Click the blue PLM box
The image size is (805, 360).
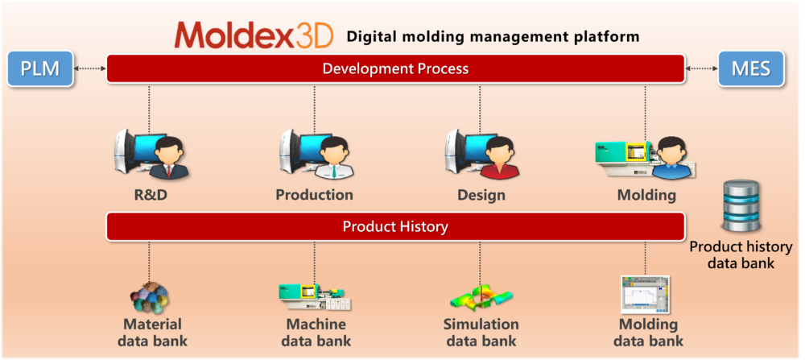coord(40,68)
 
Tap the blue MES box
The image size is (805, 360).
coord(750,68)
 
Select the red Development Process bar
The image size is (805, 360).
coord(395,68)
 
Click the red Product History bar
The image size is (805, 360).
coord(395,226)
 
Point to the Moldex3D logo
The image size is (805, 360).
coord(254,35)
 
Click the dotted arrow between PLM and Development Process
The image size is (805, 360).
coord(90,68)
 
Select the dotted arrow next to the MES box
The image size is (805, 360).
coord(701,68)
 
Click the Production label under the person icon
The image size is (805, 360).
coord(314,195)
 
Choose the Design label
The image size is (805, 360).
coord(481,196)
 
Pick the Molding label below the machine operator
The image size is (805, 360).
coord(646,196)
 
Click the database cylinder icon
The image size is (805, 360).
coord(741,205)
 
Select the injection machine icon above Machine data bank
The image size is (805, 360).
coord(315,297)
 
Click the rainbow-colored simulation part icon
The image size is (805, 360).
coord(481,298)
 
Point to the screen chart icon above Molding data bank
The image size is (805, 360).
coord(646,294)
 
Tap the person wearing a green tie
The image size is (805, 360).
coord(331,158)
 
